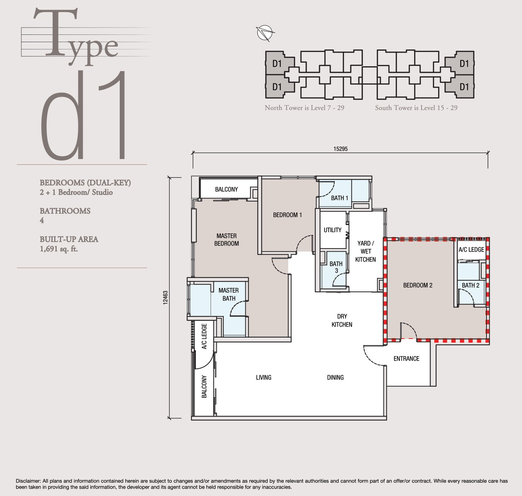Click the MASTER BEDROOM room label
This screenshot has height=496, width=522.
(x=227, y=240)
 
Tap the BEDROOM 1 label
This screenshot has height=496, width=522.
(x=287, y=215)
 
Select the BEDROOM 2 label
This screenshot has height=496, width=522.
(x=418, y=285)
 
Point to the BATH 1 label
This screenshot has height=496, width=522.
(x=339, y=198)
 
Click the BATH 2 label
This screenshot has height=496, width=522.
(x=470, y=285)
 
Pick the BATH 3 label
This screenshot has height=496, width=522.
(x=336, y=267)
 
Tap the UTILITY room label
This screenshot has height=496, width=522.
(x=332, y=230)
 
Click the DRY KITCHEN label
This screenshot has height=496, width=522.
(x=342, y=321)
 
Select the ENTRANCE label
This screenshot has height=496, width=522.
(x=406, y=359)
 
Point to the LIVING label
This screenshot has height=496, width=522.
(x=263, y=377)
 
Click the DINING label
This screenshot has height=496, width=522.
(x=335, y=377)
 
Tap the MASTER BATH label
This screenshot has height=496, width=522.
(x=229, y=294)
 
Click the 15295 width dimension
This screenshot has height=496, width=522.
(x=340, y=149)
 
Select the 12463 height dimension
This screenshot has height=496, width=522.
(x=166, y=298)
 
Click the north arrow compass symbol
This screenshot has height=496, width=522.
(x=265, y=33)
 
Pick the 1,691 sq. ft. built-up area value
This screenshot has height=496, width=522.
(x=59, y=249)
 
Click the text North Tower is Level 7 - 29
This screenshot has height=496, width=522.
(x=304, y=108)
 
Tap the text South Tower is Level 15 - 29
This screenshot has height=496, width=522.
(x=416, y=108)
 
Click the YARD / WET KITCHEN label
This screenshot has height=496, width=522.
(x=365, y=251)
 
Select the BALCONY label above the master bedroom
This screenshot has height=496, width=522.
(x=226, y=189)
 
